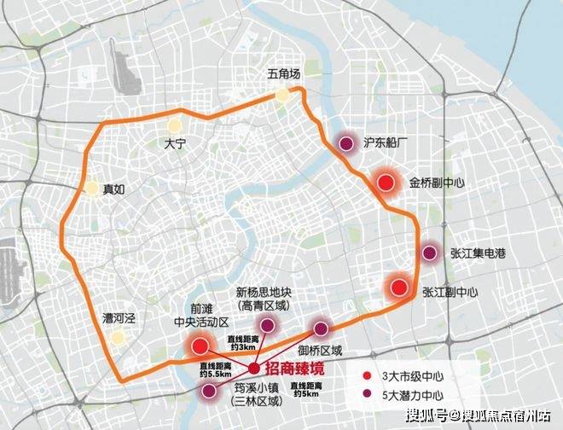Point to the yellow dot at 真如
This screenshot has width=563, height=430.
coord(91,189)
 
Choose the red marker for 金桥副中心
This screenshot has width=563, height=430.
coord(386,182)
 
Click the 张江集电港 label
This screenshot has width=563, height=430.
coord(483,253)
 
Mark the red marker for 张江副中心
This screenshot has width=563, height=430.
coord(398,286)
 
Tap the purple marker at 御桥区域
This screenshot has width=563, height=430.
coord(321,328)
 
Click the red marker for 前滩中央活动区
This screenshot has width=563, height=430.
coord(201,346)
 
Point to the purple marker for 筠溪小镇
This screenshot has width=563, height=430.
coord(208,391)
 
